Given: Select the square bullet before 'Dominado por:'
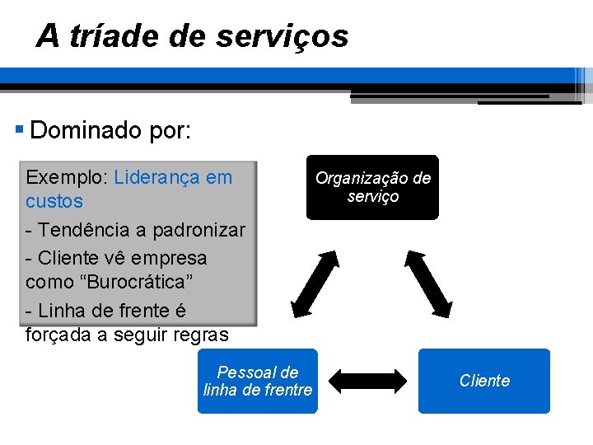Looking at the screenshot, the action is pos(20,129).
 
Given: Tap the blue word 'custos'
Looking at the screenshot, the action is pos(54,201).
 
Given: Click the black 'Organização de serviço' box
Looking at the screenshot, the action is pos(372,187).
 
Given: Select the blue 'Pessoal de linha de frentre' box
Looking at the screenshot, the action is pos(257,381).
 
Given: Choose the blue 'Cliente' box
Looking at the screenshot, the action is pos(483,381).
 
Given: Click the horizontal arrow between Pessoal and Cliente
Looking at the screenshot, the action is pos(368,381).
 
